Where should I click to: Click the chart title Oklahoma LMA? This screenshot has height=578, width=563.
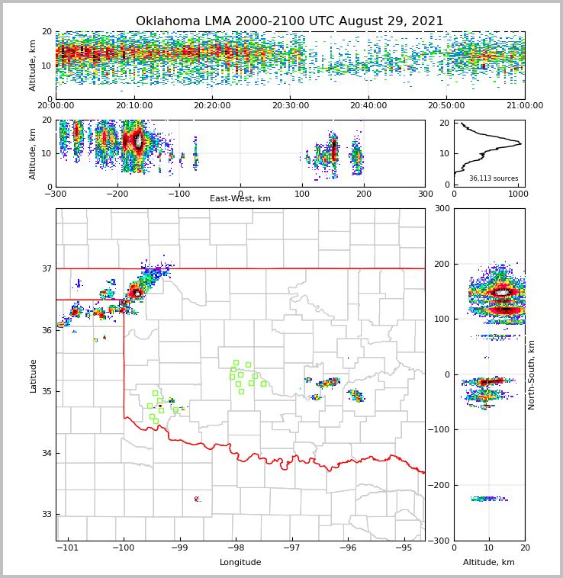[289, 21]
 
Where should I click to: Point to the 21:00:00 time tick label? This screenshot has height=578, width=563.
[524, 106]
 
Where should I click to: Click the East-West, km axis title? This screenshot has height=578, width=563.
[240, 199]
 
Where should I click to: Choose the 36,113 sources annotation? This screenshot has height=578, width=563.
[494, 178]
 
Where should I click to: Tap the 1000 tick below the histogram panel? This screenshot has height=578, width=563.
[518, 194]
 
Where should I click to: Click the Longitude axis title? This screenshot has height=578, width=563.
[240, 563]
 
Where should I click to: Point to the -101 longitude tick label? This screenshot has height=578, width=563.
[68, 548]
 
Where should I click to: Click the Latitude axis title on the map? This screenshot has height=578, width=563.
[33, 375]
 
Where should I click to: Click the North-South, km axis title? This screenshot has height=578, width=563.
[532, 374]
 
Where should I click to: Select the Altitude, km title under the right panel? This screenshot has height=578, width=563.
[489, 563]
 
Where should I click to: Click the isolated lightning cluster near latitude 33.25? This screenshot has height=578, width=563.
[198, 499]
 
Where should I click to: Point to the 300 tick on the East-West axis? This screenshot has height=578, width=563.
[425, 194]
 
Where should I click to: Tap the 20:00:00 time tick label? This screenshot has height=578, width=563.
[56, 106]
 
